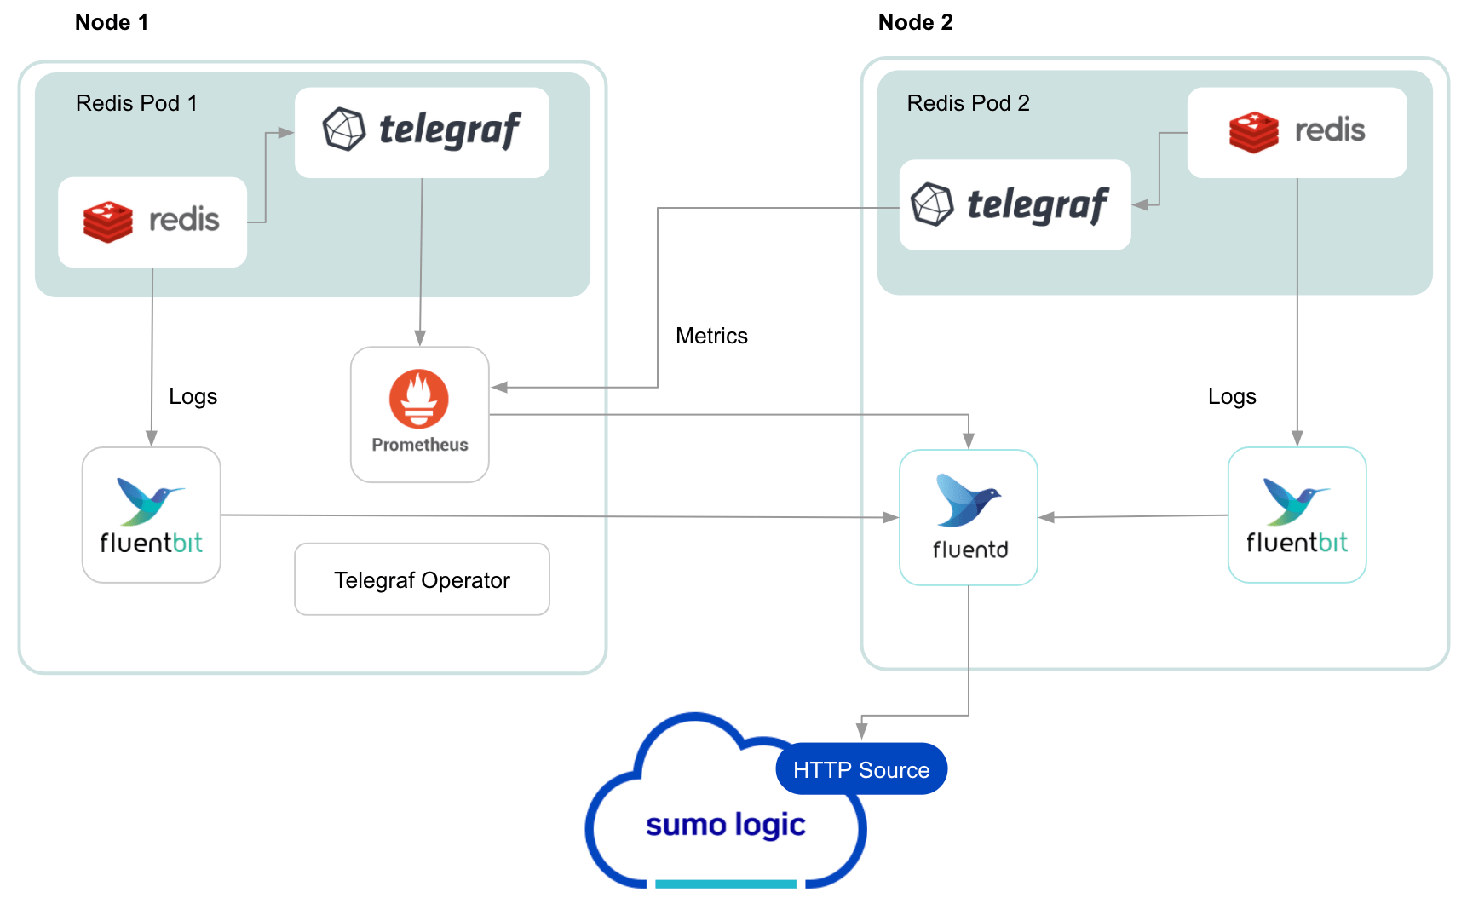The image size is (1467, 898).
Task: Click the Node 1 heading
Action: pos(112,23)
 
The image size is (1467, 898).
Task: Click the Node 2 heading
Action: pos(915,23)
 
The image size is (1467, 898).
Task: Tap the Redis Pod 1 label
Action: pos(136,103)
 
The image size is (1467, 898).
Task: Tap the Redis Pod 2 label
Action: pos(968,103)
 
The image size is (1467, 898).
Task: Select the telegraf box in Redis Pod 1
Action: pos(422,132)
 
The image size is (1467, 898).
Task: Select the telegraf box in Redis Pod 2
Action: pos(1015,204)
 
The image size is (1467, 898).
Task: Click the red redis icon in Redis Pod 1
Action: pos(108,222)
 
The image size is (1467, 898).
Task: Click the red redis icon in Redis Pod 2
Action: pos(1253,132)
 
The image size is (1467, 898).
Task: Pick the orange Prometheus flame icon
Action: pos(419,399)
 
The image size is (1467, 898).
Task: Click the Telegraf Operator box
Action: pos(422,579)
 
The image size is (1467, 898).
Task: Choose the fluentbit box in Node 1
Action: pos(152,515)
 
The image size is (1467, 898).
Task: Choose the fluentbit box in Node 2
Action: pos(1297,515)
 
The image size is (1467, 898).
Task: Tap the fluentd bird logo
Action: pos(967,501)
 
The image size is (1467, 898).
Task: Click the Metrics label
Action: pos(711,336)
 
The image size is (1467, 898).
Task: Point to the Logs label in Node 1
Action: pos(193,396)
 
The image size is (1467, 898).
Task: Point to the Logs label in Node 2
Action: pos(1232,396)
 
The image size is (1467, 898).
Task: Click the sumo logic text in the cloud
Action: pos(725,825)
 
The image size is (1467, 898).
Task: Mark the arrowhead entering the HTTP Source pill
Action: pos(861,731)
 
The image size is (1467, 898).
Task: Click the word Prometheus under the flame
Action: pos(419,445)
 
